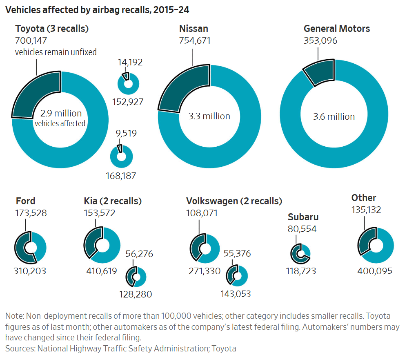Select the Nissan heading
(x=193, y=29)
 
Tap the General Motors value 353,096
(x=320, y=41)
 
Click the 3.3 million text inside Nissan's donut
(x=209, y=116)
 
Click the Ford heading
(x=25, y=201)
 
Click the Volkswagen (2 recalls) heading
(x=234, y=201)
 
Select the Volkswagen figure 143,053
(x=236, y=294)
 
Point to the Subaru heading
(x=303, y=217)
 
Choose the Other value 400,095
(x=375, y=271)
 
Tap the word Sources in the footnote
(x=20, y=348)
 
